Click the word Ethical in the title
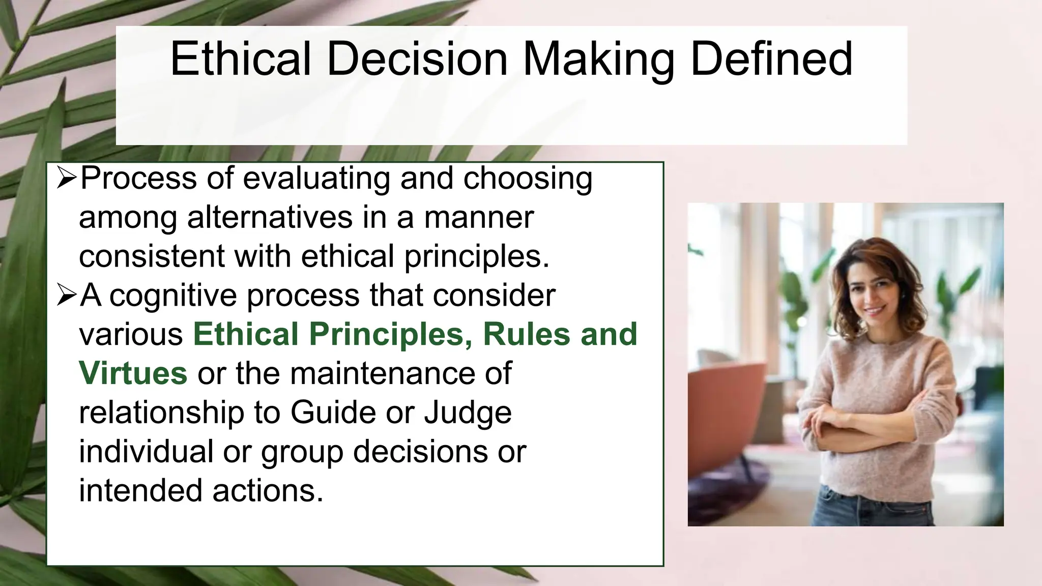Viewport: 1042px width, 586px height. (240, 60)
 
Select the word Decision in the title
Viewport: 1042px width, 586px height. (417, 60)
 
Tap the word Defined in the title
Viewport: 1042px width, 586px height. (771, 60)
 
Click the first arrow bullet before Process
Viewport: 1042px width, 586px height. (67, 179)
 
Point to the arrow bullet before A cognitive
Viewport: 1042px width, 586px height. (67, 296)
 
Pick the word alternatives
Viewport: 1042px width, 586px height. (270, 217)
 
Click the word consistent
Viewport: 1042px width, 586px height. (152, 256)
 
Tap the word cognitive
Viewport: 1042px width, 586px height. (173, 296)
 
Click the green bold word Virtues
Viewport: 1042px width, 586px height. (133, 373)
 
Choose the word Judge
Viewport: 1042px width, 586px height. (468, 412)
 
